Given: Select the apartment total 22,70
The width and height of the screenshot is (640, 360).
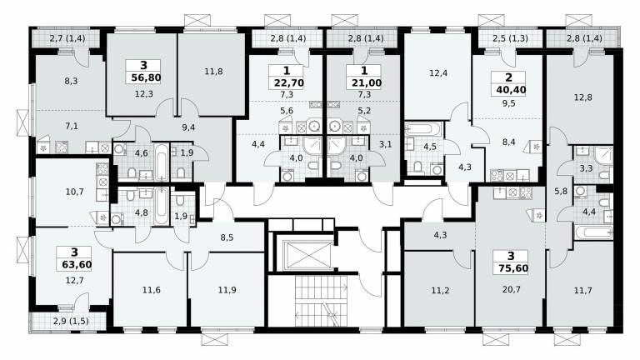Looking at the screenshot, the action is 289,83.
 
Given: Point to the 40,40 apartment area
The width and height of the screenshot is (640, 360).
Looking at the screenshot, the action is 508,90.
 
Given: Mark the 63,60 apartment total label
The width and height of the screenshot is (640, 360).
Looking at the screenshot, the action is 77,264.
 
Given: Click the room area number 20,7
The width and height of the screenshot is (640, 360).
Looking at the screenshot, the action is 512,289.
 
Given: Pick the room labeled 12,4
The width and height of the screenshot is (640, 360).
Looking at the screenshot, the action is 438,73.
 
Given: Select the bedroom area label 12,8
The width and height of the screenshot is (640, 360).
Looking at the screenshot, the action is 582,97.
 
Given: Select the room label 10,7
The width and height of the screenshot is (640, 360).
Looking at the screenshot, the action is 74,191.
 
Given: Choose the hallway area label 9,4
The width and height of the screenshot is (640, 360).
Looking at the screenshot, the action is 188,127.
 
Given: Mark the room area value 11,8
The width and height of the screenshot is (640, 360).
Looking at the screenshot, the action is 213,72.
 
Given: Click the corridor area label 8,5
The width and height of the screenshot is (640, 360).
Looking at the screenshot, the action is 227,237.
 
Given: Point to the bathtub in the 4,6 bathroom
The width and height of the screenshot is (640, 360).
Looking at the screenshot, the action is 162,161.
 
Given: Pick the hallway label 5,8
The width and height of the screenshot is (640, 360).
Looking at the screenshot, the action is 561,191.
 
